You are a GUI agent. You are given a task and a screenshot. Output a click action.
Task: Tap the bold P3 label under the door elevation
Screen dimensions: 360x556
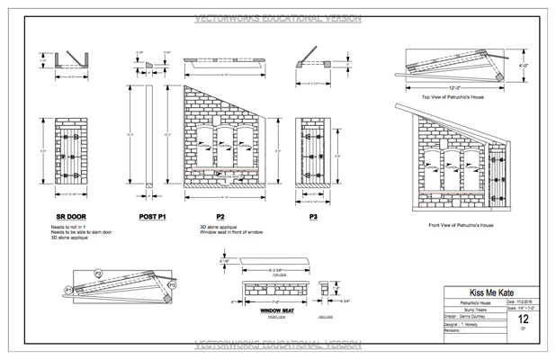coord(313,217)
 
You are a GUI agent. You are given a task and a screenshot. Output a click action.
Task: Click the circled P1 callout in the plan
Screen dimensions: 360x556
coord(68,289)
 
